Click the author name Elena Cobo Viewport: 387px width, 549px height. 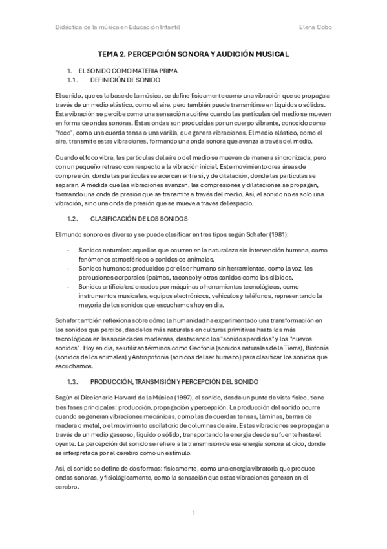tap(318, 27)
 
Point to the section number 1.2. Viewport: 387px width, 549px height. tap(73, 219)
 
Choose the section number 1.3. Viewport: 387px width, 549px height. tap(73, 381)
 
